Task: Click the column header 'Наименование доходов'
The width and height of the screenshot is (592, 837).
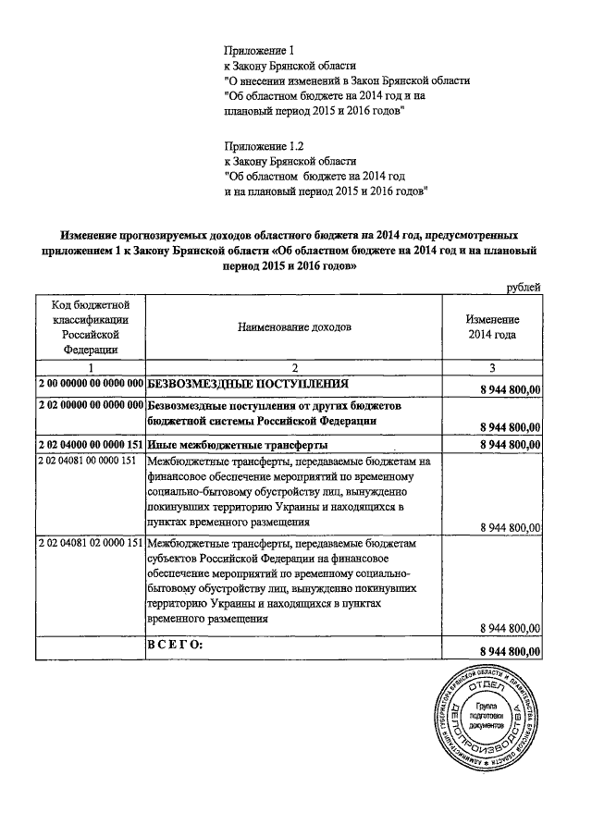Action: point(294,326)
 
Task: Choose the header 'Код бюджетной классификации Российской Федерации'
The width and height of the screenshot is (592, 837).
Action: point(91,326)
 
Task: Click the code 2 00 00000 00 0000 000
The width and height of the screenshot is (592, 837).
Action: point(91,382)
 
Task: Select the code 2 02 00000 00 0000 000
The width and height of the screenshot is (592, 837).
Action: point(91,405)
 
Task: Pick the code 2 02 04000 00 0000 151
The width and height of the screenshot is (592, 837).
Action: point(91,444)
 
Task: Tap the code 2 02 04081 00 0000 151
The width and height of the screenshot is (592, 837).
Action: point(86,461)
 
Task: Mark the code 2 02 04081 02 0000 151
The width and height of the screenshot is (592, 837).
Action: point(91,542)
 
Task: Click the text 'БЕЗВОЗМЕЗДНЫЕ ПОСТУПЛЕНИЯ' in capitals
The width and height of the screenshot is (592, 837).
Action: point(247,382)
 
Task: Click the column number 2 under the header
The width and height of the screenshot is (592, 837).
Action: point(294,366)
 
